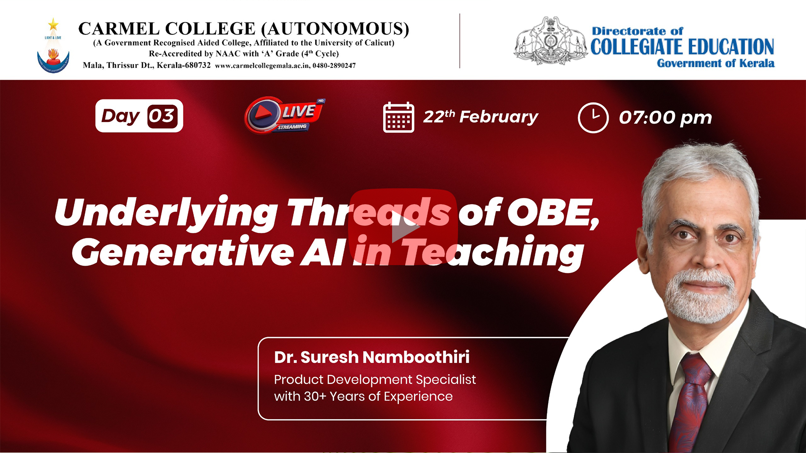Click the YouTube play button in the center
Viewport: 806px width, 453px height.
point(403,227)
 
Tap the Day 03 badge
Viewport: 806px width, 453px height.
point(139,116)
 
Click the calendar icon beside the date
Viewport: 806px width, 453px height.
point(398,117)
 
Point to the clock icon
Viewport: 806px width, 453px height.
point(593,117)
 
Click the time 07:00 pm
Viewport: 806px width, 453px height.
point(665,117)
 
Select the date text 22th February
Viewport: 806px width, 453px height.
point(480,117)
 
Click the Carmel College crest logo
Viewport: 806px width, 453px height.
point(53,46)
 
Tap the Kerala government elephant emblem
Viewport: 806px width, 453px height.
point(550,41)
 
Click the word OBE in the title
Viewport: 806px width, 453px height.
point(554,213)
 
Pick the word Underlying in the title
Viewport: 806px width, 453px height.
point(166,213)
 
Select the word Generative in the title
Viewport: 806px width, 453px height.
point(183,252)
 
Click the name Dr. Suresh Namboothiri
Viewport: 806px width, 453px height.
point(372,357)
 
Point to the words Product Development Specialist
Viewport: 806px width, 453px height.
point(375,380)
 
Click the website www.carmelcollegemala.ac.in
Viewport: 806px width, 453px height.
point(263,66)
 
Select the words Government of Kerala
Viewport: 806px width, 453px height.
point(716,63)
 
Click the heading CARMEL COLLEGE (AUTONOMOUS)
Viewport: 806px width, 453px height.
point(243,29)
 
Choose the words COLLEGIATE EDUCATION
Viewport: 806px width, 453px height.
point(682,47)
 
